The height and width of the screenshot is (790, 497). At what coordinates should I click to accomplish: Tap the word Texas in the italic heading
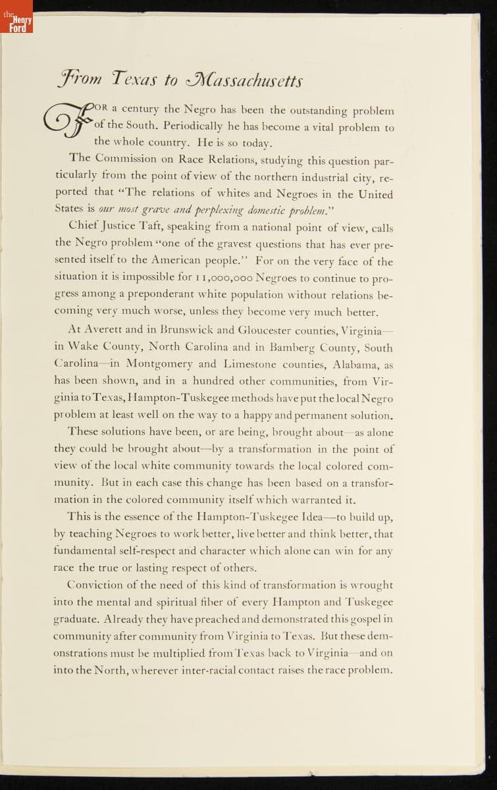pyautogui.click(x=134, y=80)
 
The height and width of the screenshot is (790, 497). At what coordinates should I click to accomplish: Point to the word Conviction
pyautogui.click(x=99, y=585)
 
